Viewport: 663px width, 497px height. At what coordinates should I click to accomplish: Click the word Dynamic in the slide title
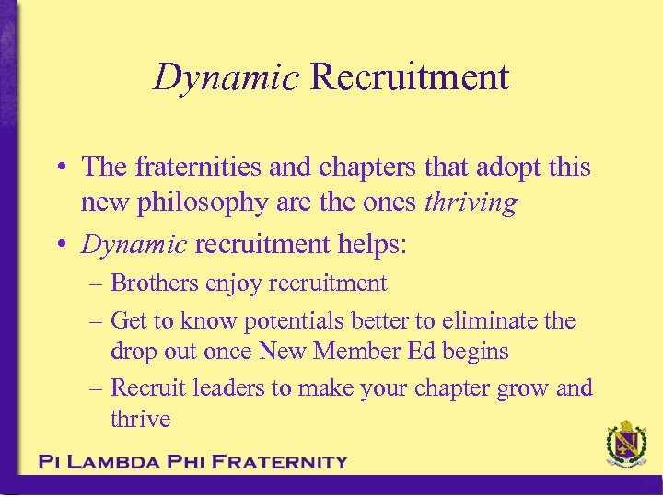coord(226,77)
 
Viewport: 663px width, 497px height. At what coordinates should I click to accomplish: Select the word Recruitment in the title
coord(409,77)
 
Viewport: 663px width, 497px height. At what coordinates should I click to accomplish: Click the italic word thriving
coord(471,202)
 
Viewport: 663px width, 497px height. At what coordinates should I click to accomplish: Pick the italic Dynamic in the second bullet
coord(134,244)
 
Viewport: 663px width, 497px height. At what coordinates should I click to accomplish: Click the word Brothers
coord(158,283)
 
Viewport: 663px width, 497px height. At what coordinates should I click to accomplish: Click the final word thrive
coord(140,419)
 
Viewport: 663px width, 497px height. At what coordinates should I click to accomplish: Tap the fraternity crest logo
coord(626,446)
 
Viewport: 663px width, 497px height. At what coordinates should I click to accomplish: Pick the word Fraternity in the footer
coord(279,462)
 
